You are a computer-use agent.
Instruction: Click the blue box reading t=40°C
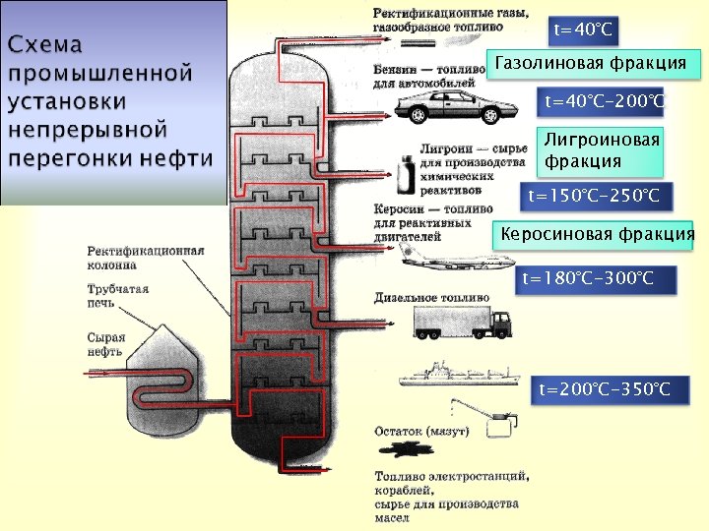[x=583, y=30]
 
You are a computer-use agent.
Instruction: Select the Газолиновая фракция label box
[x=591, y=64]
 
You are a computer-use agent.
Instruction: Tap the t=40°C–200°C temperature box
[x=603, y=101]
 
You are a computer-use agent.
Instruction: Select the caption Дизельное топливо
[x=431, y=296]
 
